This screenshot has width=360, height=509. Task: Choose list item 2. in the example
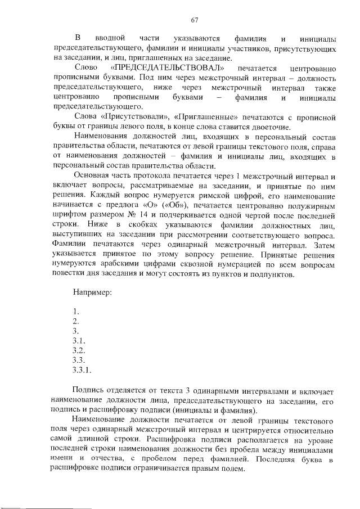click(76, 322)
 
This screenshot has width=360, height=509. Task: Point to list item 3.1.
click(79, 341)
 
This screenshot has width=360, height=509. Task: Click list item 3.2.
click(79, 350)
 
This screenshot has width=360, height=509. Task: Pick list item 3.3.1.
click(82, 370)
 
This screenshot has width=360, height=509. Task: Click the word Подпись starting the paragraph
click(90, 390)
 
